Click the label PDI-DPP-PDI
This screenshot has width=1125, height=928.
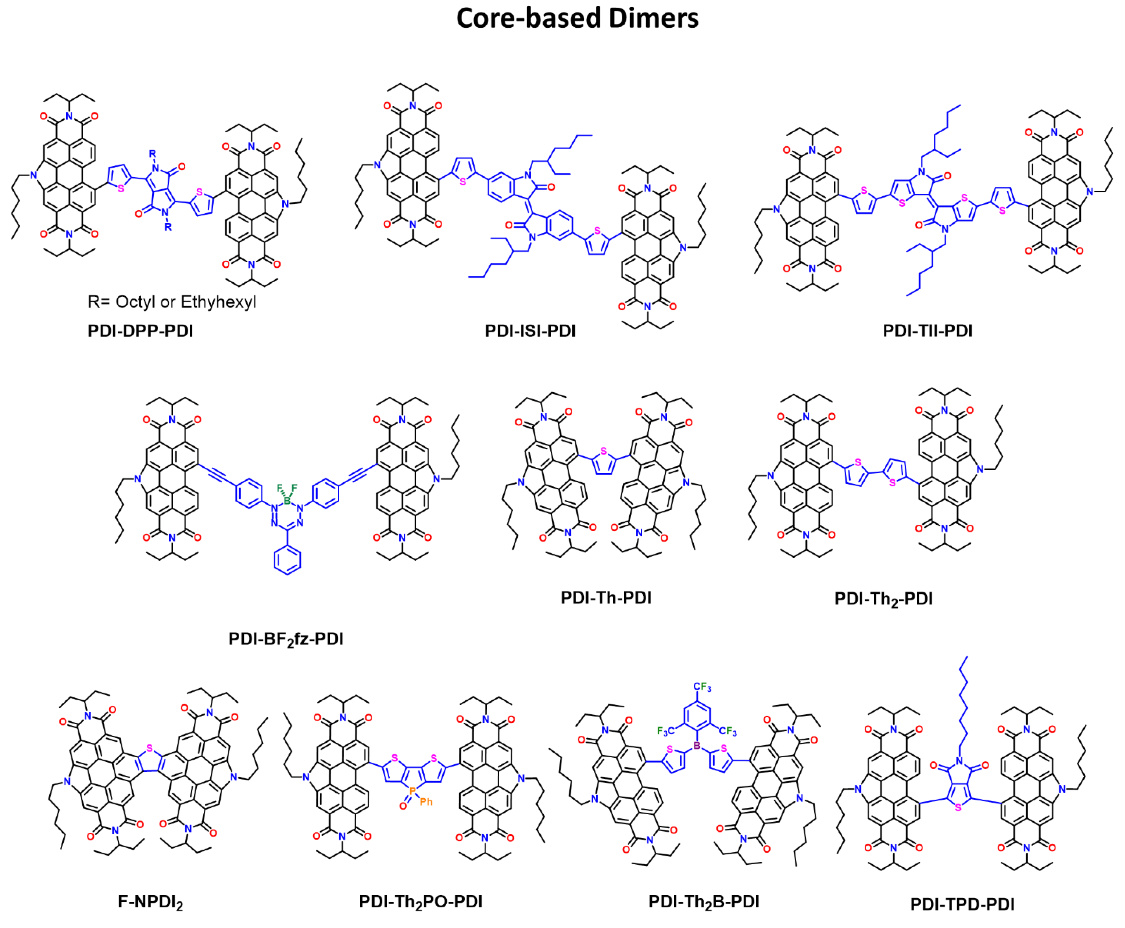click(140, 331)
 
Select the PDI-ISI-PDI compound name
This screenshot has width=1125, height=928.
click(530, 331)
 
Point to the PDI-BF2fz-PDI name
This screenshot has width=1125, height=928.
click(285, 639)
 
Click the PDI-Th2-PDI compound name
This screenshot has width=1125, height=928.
click(883, 598)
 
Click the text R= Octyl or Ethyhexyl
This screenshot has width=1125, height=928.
click(172, 302)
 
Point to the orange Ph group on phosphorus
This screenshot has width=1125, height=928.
click(426, 802)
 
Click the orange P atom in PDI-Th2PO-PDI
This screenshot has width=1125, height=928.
click(412, 790)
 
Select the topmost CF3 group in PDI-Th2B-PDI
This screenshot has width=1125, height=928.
click(702, 687)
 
